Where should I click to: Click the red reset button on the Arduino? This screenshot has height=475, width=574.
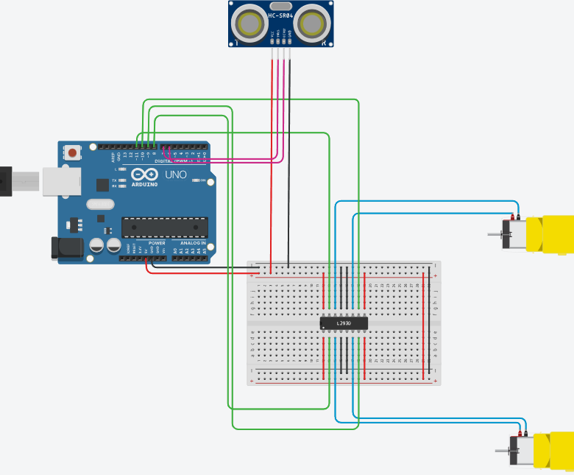point(74,152)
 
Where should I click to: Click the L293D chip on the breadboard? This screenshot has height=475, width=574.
point(344,323)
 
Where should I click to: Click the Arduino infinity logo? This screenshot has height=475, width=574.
point(146,175)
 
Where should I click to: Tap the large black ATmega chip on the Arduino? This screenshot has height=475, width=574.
point(165,228)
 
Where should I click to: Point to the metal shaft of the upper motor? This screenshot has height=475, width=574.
point(495,235)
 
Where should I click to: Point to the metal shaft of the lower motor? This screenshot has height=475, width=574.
point(503,450)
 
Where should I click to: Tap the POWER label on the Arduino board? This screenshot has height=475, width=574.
point(157,243)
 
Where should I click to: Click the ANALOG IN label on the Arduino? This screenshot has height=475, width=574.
point(194,243)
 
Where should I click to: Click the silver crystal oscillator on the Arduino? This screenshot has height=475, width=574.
point(100,204)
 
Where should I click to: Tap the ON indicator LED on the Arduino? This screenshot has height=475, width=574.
point(194,180)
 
